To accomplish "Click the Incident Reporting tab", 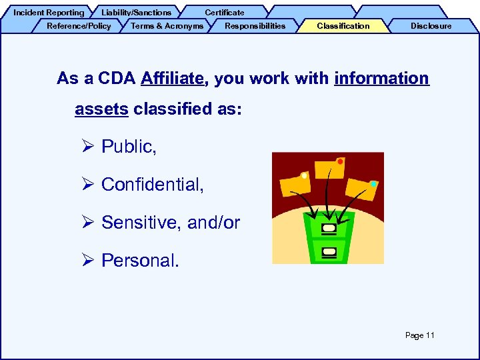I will coord(49,13).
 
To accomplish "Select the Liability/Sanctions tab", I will coord(136,13).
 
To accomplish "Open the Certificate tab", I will coord(224,13).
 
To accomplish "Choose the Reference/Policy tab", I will coord(79,26).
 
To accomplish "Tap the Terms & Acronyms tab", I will coord(167,26).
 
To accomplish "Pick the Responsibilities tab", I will coord(255,26).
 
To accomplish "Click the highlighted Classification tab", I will coord(343,26).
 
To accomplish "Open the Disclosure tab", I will coord(431,26).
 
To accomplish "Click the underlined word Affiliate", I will coord(173,79).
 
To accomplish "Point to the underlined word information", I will coord(381,79).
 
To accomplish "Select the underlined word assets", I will coord(101,109).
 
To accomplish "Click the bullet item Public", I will coord(129,147).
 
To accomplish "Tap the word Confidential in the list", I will coord(152,185).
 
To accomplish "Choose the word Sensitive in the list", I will coord(142,223).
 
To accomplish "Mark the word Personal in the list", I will coord(140,261).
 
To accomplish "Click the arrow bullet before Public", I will coord(91,147).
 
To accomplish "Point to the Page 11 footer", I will coord(419,335).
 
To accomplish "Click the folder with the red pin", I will coord(330,170).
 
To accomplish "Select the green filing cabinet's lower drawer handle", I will coord(329,251).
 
